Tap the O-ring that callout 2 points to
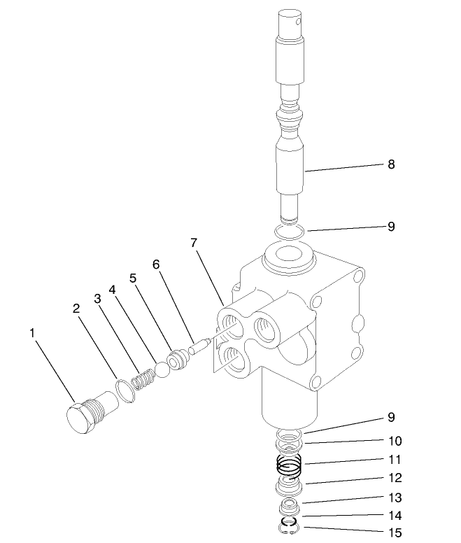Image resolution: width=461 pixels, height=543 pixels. pyautogui.click(x=124, y=390)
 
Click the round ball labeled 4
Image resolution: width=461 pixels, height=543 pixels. pyautogui.click(x=162, y=369)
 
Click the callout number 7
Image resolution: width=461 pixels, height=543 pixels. pyautogui.click(x=194, y=243)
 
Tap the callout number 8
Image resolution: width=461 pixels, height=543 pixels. pyautogui.click(x=391, y=165)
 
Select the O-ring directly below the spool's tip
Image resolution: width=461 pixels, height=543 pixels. pyautogui.click(x=288, y=230)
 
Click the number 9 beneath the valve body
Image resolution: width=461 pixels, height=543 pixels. pyautogui.click(x=391, y=418)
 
